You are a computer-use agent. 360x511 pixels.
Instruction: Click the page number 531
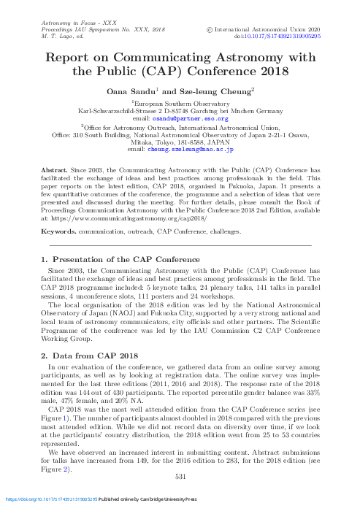(x=183, y=477)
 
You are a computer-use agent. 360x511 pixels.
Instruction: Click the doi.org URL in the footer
(x=52, y=499)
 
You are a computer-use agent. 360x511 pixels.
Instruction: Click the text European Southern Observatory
(x=185, y=104)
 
